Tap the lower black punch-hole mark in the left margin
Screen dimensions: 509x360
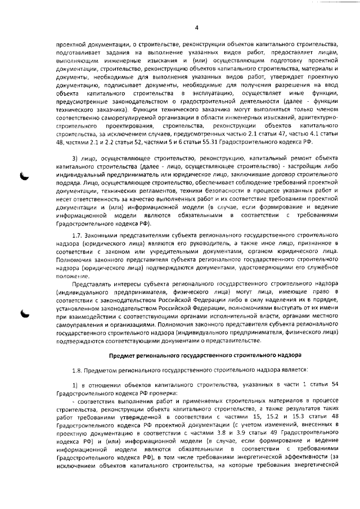26,315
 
